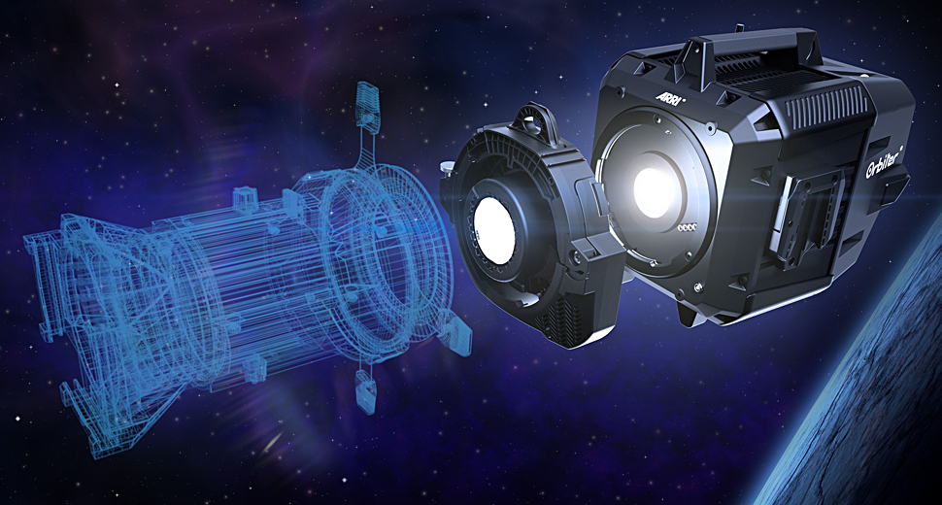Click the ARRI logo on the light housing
click(x=670, y=97)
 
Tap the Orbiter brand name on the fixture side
click(x=885, y=163)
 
